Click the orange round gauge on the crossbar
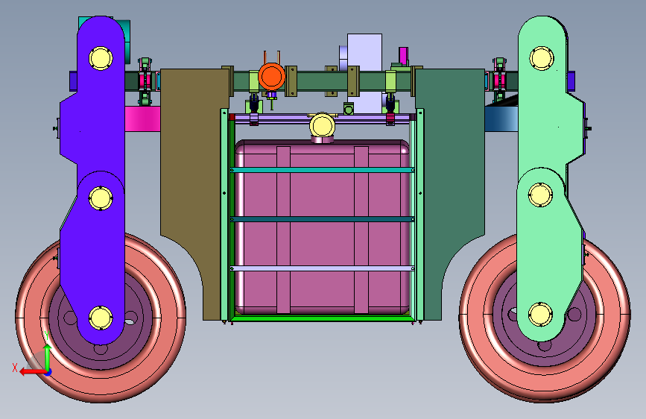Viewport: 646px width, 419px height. click(271, 77)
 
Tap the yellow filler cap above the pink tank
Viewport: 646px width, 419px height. click(322, 125)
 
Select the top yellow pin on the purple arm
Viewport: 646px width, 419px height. click(101, 58)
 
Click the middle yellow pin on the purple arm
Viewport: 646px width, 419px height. click(101, 198)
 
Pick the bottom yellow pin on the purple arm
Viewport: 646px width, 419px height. click(101, 318)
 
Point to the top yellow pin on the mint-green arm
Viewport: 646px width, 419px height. click(542, 58)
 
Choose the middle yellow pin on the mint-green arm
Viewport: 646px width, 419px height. click(540, 195)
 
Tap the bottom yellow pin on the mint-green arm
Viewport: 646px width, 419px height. click(540, 315)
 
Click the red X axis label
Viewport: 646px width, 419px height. click(15, 368)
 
